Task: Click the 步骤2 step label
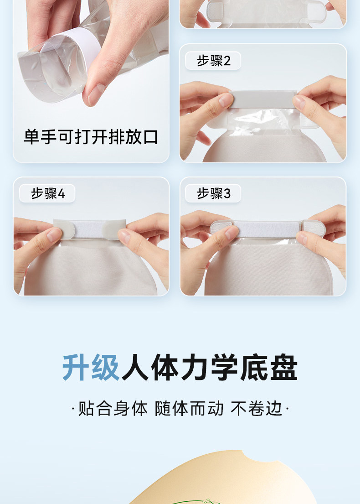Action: (213, 60)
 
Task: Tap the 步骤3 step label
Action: (213, 193)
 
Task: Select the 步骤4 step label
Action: (47, 193)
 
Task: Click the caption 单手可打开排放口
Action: (91, 137)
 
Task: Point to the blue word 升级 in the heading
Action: (91, 367)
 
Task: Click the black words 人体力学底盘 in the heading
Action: (209, 367)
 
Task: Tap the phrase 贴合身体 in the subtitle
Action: (113, 409)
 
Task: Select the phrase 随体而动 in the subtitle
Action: (189, 409)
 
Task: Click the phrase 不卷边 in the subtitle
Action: (256, 409)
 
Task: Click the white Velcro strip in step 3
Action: (267, 229)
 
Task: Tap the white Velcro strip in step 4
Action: (89, 229)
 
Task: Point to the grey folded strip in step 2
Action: (263, 99)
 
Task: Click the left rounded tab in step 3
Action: (221, 228)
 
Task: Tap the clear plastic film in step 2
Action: (263, 120)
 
